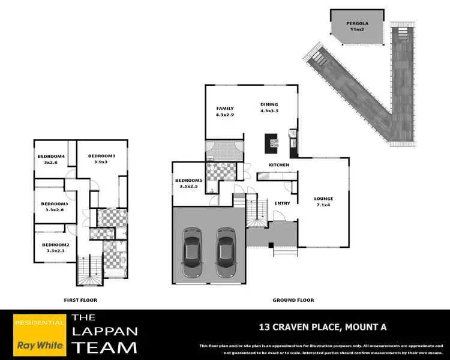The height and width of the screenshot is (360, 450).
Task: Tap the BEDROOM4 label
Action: tap(50, 157)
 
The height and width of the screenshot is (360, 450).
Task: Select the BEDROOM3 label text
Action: tap(55, 203)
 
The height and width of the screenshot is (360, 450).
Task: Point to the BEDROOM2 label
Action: tap(55, 245)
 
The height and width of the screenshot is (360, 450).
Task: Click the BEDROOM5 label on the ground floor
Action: tap(188, 181)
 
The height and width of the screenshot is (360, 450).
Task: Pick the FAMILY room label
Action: tap(224, 108)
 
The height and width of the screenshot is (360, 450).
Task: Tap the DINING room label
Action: tap(269, 104)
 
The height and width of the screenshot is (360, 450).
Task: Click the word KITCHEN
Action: tap(279, 165)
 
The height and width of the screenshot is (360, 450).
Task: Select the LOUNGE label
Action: tap(324, 199)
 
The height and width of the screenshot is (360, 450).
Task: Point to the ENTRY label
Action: tap(282, 203)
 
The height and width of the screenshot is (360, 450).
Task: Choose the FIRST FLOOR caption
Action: tap(80, 300)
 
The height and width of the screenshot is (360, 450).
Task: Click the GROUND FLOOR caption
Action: tap(293, 300)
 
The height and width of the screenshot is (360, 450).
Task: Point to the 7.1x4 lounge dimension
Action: tap(324, 205)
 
